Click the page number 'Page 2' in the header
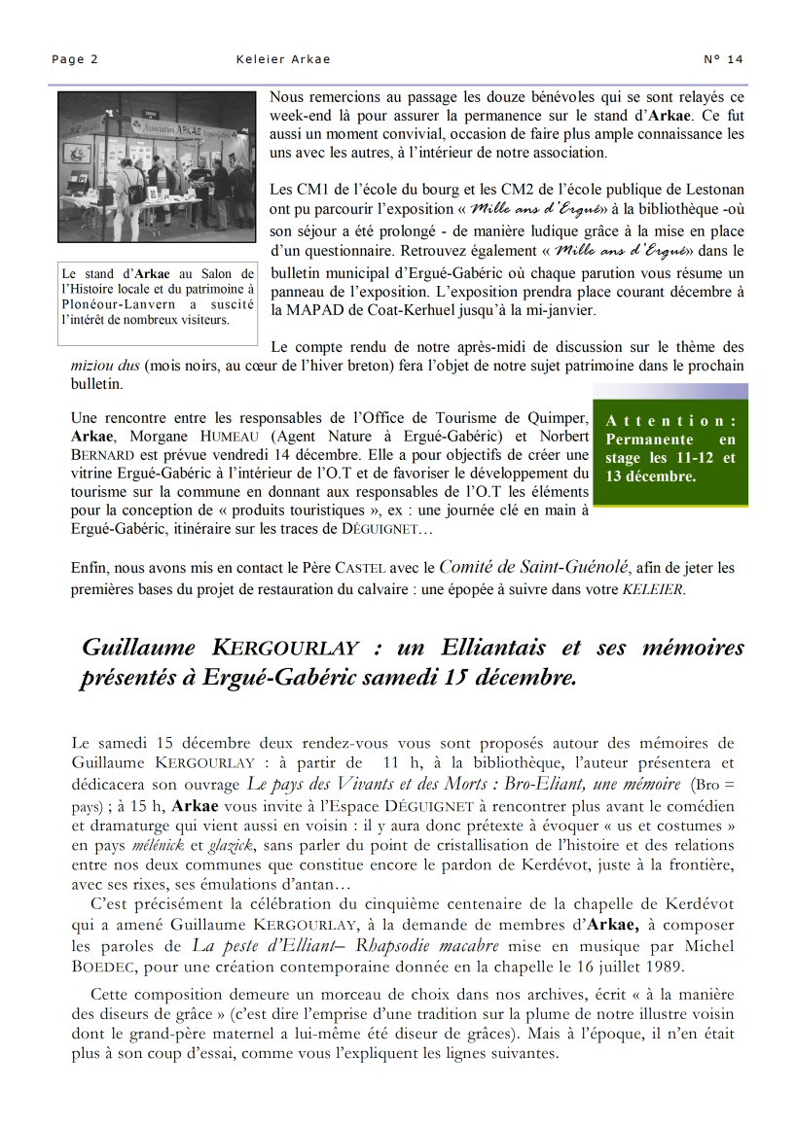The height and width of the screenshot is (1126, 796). point(75,59)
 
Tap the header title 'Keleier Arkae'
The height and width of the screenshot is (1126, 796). point(283,59)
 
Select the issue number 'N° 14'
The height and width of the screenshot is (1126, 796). point(723,59)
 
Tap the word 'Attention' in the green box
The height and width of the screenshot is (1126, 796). point(670,421)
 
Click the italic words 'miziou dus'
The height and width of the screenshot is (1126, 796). point(106,366)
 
